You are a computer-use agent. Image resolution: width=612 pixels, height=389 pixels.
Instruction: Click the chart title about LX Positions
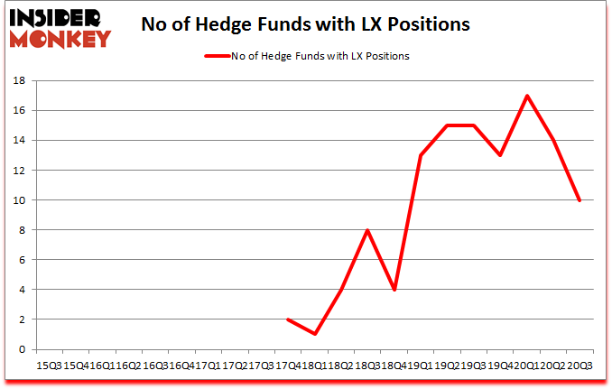(x=305, y=24)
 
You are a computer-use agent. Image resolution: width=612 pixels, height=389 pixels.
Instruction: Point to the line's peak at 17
(x=526, y=96)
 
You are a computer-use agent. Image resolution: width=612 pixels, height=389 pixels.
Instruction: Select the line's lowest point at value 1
(x=314, y=334)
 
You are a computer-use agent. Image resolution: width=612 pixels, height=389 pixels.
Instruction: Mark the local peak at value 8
(x=367, y=230)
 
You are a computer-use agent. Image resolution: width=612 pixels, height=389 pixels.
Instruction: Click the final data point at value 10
(x=580, y=199)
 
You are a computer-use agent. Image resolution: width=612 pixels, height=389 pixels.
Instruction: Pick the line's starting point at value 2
(x=288, y=320)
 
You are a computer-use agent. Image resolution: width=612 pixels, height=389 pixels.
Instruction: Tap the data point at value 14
(x=553, y=140)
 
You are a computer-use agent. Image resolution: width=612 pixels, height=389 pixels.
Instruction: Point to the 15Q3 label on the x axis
(x=50, y=366)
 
